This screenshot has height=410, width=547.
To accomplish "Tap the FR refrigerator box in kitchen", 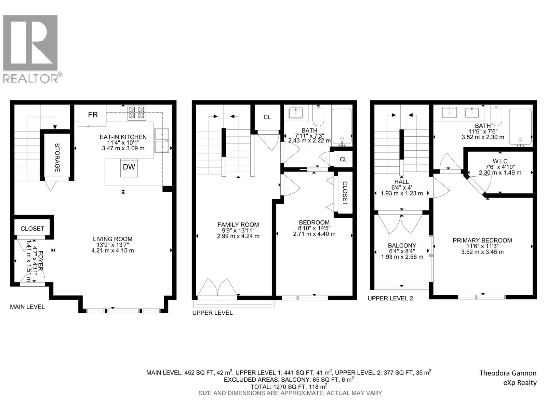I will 93,115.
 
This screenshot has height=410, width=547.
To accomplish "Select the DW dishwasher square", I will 129,167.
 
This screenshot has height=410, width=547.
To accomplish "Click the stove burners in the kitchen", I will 136,113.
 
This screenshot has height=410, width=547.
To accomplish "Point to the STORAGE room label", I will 57,157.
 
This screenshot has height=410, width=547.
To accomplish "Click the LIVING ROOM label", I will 112,239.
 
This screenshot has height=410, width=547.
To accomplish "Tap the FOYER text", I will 40,261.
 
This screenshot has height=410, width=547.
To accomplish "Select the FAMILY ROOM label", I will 238,225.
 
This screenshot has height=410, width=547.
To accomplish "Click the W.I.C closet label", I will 500,161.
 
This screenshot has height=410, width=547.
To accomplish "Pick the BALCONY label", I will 402,245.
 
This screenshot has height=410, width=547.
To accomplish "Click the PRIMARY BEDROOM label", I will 482,241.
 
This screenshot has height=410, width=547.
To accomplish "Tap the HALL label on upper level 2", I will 401,182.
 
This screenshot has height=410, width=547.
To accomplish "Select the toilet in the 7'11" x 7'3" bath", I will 318,117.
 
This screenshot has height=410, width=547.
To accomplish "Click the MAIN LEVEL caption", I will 27,307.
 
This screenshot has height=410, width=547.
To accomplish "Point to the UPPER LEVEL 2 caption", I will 390,298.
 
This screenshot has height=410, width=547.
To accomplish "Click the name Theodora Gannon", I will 508,373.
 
